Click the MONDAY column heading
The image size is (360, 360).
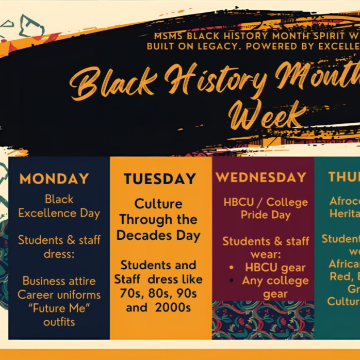54,179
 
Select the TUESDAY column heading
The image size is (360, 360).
160,179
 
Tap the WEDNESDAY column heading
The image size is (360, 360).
261,178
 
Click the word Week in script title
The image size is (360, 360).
268,117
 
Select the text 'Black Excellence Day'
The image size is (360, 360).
59,206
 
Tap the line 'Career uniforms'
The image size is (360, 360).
59,294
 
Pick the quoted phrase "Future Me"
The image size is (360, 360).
59,308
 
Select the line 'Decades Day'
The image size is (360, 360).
158,236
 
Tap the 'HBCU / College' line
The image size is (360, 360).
265,202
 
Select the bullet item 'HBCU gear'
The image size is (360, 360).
275,267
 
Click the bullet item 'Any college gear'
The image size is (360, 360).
275,287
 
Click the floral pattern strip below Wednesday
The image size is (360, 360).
263,320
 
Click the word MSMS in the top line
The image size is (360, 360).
169,36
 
